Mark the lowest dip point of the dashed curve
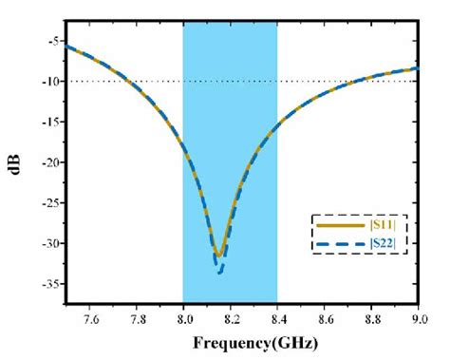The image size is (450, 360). pyautogui.click(x=220, y=273)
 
